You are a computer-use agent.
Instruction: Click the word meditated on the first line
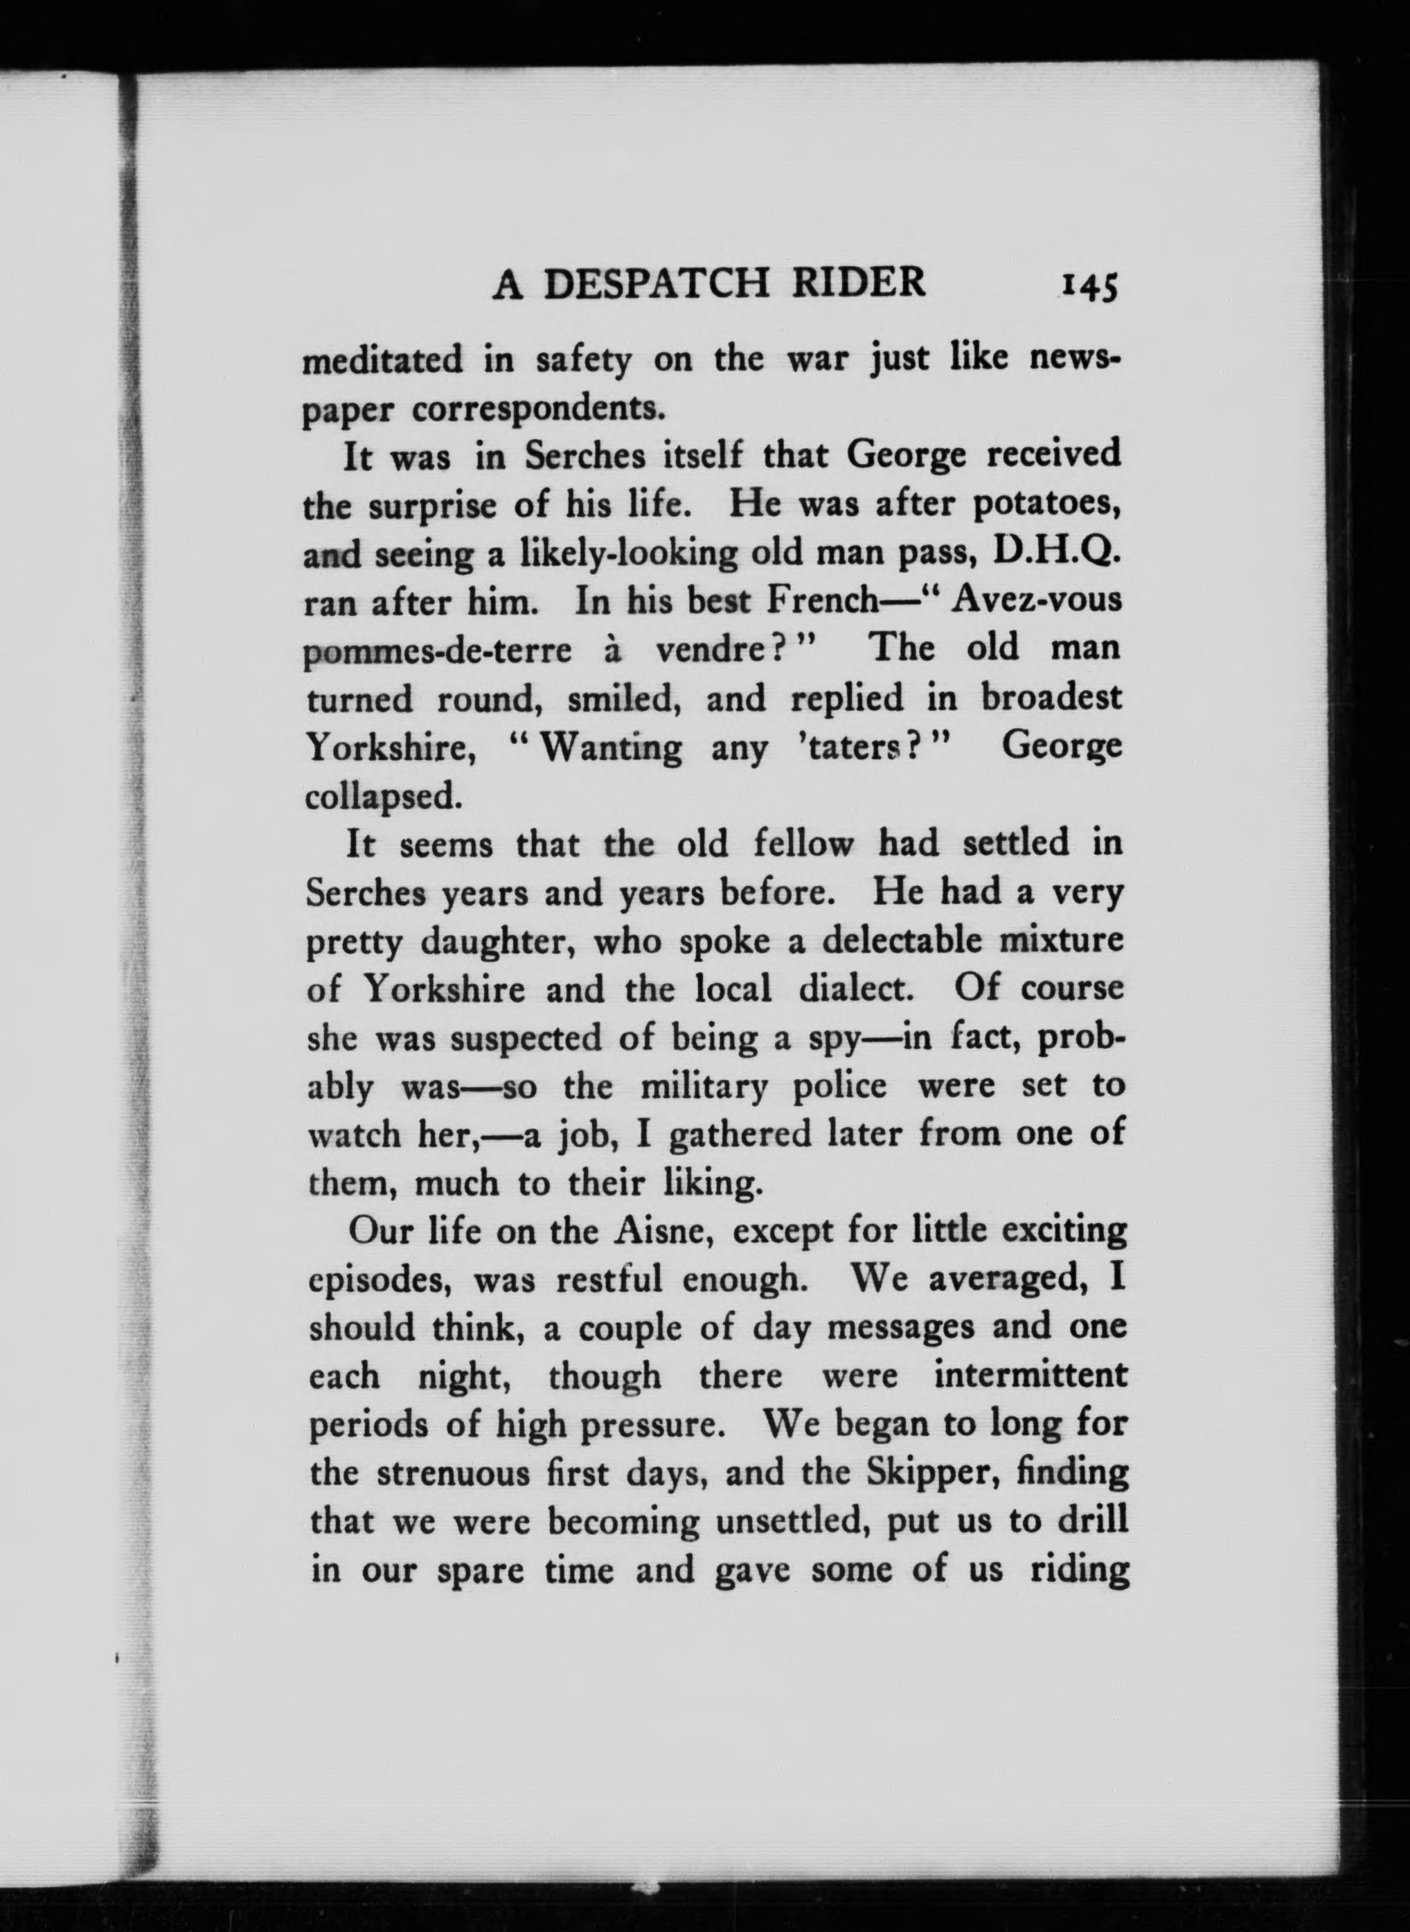(x=383, y=360)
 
